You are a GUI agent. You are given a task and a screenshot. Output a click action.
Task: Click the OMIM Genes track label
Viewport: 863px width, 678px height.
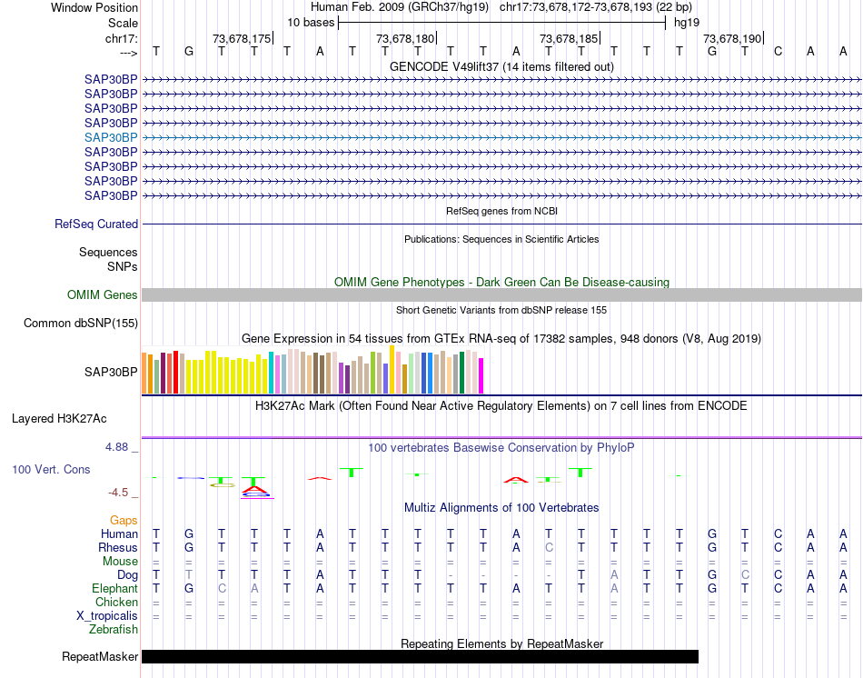pos(103,294)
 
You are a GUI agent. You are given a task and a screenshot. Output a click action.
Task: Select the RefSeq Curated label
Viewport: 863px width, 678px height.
pos(96,224)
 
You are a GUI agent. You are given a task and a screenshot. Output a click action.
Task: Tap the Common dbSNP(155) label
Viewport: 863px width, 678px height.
pos(81,323)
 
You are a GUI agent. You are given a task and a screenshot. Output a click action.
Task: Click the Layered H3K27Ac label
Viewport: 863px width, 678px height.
pos(59,419)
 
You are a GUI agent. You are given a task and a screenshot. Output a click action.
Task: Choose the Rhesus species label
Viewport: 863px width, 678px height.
pos(118,548)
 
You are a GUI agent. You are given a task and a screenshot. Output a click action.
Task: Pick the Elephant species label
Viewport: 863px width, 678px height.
pos(114,589)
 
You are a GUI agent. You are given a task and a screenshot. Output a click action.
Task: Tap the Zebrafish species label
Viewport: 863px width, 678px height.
pos(114,629)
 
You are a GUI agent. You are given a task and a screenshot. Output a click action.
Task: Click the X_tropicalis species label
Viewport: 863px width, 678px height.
pos(107,616)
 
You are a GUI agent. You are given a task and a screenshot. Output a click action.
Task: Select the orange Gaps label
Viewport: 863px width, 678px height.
pos(124,520)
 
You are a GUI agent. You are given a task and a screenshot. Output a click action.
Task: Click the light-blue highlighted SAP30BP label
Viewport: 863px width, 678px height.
pos(111,136)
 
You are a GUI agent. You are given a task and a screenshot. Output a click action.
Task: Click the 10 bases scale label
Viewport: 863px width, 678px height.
pos(311,22)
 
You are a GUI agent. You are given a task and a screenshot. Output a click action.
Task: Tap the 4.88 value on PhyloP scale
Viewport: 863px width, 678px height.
pos(117,447)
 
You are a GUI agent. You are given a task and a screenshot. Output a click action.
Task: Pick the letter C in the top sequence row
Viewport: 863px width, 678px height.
pos(778,51)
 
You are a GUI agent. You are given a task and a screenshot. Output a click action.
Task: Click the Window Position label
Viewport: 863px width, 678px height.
pos(94,7)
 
